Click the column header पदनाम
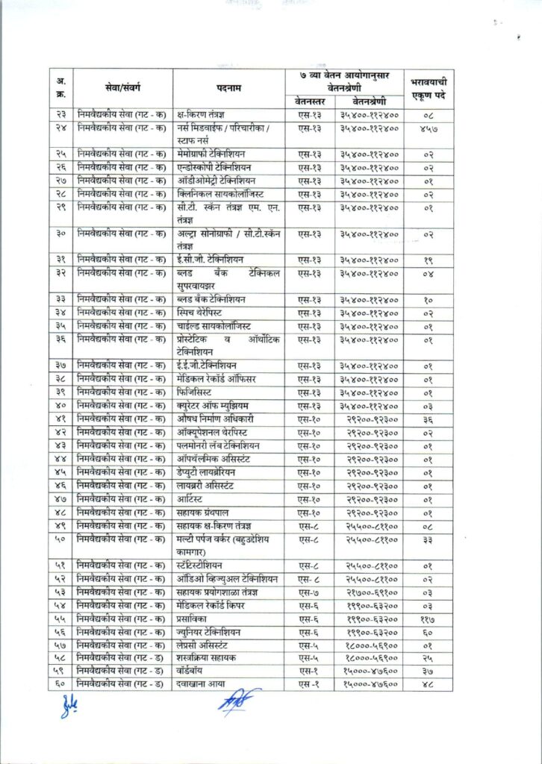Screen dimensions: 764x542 pyautogui.click(x=228, y=88)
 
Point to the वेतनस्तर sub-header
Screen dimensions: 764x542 pyautogui.click(x=308, y=101)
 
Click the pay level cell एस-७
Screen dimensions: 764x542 pyautogui.click(x=308, y=592)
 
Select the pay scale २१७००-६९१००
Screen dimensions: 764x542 pyautogui.click(x=370, y=592)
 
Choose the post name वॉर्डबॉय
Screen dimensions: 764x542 pyautogui.click(x=193, y=672)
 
